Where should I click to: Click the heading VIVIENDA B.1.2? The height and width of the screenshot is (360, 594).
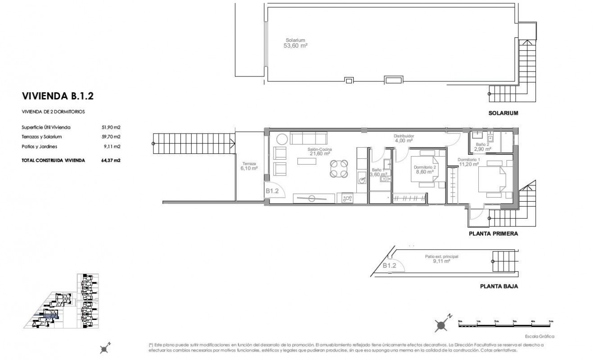57,96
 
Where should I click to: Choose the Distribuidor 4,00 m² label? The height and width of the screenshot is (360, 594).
404,138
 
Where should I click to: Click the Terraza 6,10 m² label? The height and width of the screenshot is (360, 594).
249,166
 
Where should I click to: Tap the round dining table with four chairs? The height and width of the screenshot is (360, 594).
338,169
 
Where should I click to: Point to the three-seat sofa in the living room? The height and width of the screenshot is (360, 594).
309,138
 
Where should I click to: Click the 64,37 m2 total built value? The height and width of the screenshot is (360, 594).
111,160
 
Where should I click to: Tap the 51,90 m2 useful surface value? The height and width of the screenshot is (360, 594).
111,127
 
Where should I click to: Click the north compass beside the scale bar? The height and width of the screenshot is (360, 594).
442,323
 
